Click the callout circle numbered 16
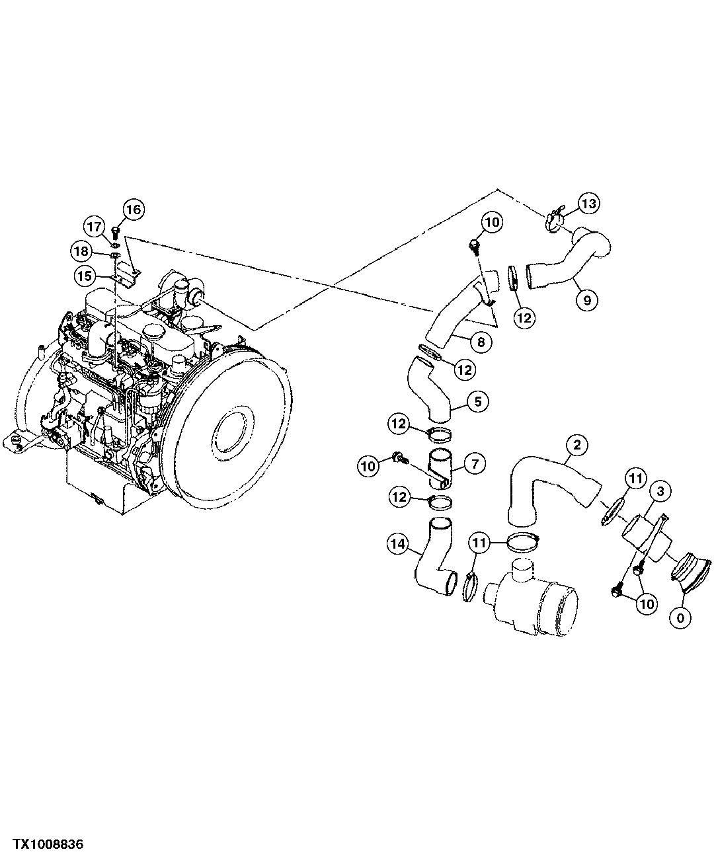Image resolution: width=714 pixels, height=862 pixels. [133, 210]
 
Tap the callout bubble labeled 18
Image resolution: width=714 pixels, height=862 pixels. [81, 251]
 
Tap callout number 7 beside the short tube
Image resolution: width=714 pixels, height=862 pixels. [475, 465]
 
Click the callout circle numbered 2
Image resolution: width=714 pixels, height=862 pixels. [577, 446]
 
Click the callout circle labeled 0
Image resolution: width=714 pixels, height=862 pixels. [680, 618]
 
